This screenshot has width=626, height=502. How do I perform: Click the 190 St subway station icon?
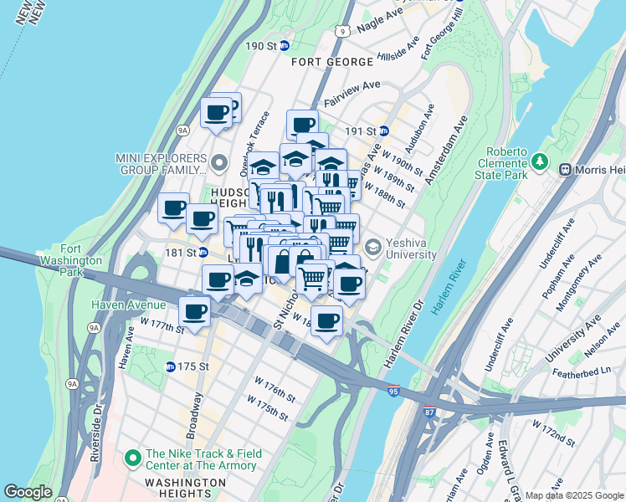pos(284,46)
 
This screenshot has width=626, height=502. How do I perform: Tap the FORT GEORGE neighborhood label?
pos(332,63)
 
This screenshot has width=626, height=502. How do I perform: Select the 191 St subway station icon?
pos(384,131)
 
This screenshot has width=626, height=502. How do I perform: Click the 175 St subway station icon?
pos(171,366)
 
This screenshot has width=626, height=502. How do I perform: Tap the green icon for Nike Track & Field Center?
pos(132,458)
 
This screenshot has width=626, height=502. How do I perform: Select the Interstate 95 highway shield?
pos(393,391)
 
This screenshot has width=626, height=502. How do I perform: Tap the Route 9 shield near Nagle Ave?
pos(341,30)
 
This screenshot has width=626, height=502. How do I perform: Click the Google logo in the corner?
pos(28,492)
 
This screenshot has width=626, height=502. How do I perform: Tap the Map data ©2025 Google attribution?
pos(573,495)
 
